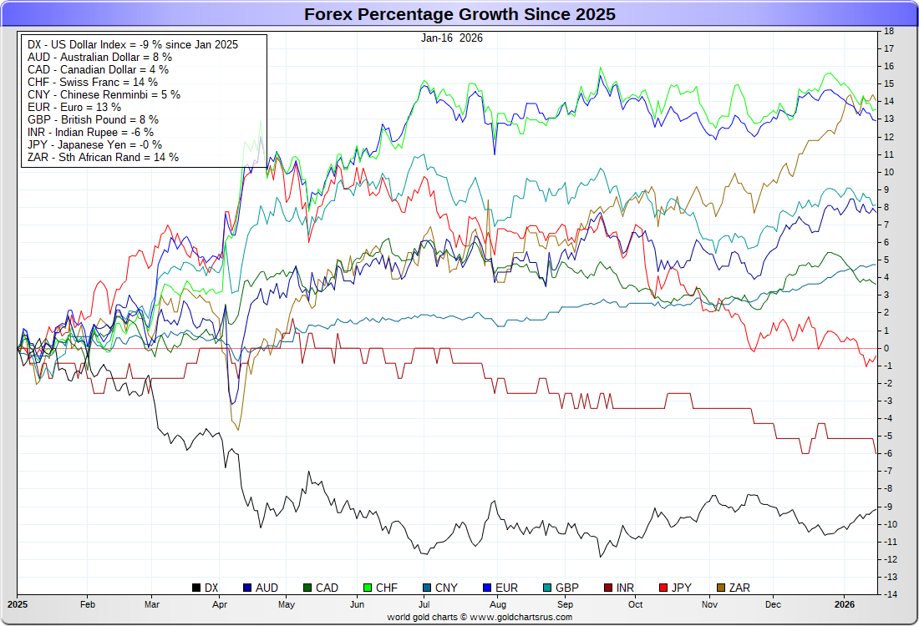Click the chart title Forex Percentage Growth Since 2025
click(459, 14)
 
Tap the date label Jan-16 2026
click(452, 38)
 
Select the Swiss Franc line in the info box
click(93, 82)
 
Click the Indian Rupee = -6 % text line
click(90, 132)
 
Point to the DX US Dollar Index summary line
click(133, 44)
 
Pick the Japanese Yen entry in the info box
click(95, 144)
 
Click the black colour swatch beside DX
click(197, 588)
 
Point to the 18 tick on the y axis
click(889, 31)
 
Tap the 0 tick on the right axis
click(886, 348)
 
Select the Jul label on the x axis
click(424, 603)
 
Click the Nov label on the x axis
click(710, 603)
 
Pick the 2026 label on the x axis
click(844, 603)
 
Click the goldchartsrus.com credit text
click(480, 617)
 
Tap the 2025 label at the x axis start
click(18, 603)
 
